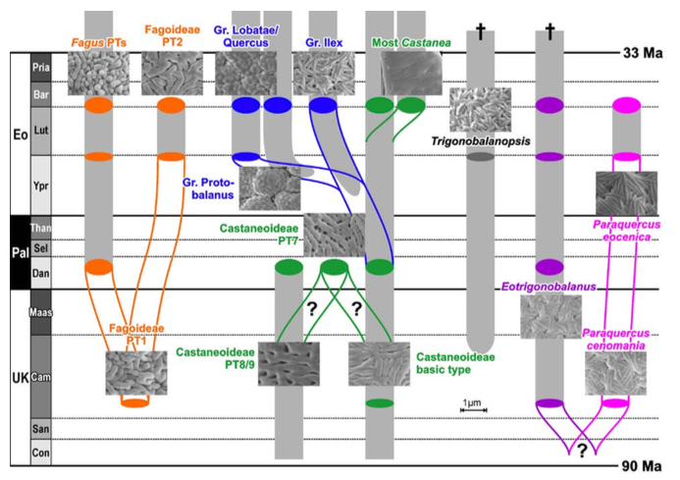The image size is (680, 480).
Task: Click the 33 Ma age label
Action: point(643,53)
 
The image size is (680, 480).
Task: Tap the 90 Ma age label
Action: point(642,466)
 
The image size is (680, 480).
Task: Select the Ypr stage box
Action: point(41,186)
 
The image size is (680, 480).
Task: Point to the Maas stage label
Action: point(41,312)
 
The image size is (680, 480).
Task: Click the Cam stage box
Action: point(41,377)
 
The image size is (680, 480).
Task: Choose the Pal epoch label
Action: point(21,252)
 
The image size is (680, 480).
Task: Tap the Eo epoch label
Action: point(20,134)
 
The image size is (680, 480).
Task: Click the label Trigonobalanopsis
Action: point(481,141)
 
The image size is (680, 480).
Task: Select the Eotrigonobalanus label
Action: point(549,287)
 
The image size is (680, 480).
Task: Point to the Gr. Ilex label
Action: point(324,43)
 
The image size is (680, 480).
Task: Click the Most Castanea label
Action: point(411,43)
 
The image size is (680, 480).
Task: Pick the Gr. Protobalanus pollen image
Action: point(270,188)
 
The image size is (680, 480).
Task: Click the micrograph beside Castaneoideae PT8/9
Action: point(288,364)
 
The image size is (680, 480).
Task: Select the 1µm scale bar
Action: point(473,409)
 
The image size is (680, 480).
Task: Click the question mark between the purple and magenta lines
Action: point(582,451)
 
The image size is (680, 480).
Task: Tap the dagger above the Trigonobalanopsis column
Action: point(481,31)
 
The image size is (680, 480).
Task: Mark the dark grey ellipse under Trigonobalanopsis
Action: point(481,157)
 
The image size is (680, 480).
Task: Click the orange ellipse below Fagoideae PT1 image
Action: point(135,402)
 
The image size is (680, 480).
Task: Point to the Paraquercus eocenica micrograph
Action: point(627,193)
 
